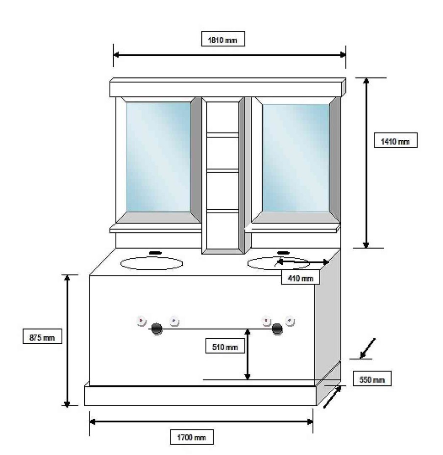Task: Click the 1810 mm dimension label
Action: [223, 39]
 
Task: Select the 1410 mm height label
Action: [396, 140]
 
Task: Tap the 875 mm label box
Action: [42, 337]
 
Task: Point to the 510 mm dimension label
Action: [225, 346]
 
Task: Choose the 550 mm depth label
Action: [372, 379]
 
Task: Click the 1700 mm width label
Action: [192, 437]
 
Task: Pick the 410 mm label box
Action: [300, 278]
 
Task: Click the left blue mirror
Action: [158, 157]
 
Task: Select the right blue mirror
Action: [295, 157]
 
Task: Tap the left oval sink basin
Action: [151, 263]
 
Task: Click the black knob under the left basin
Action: [157, 329]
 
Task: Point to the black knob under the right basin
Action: [277, 329]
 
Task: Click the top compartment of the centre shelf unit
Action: [222, 117]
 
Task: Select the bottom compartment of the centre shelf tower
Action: [222, 231]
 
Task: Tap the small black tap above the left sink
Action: [155, 253]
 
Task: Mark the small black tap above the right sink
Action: [283, 253]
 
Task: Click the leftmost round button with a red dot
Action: [141, 321]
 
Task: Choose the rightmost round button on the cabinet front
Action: [290, 321]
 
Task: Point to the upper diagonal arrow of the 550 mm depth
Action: [368, 348]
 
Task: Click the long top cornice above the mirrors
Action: [228, 87]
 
